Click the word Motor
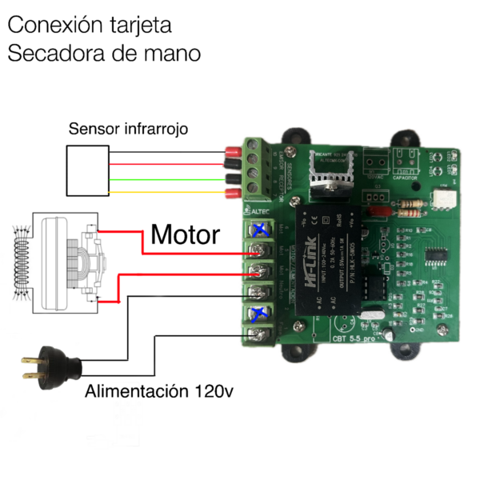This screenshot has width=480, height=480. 185,235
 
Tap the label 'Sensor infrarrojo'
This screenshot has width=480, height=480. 128,128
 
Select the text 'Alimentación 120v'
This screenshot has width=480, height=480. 159,392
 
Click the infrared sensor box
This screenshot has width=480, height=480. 87,171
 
